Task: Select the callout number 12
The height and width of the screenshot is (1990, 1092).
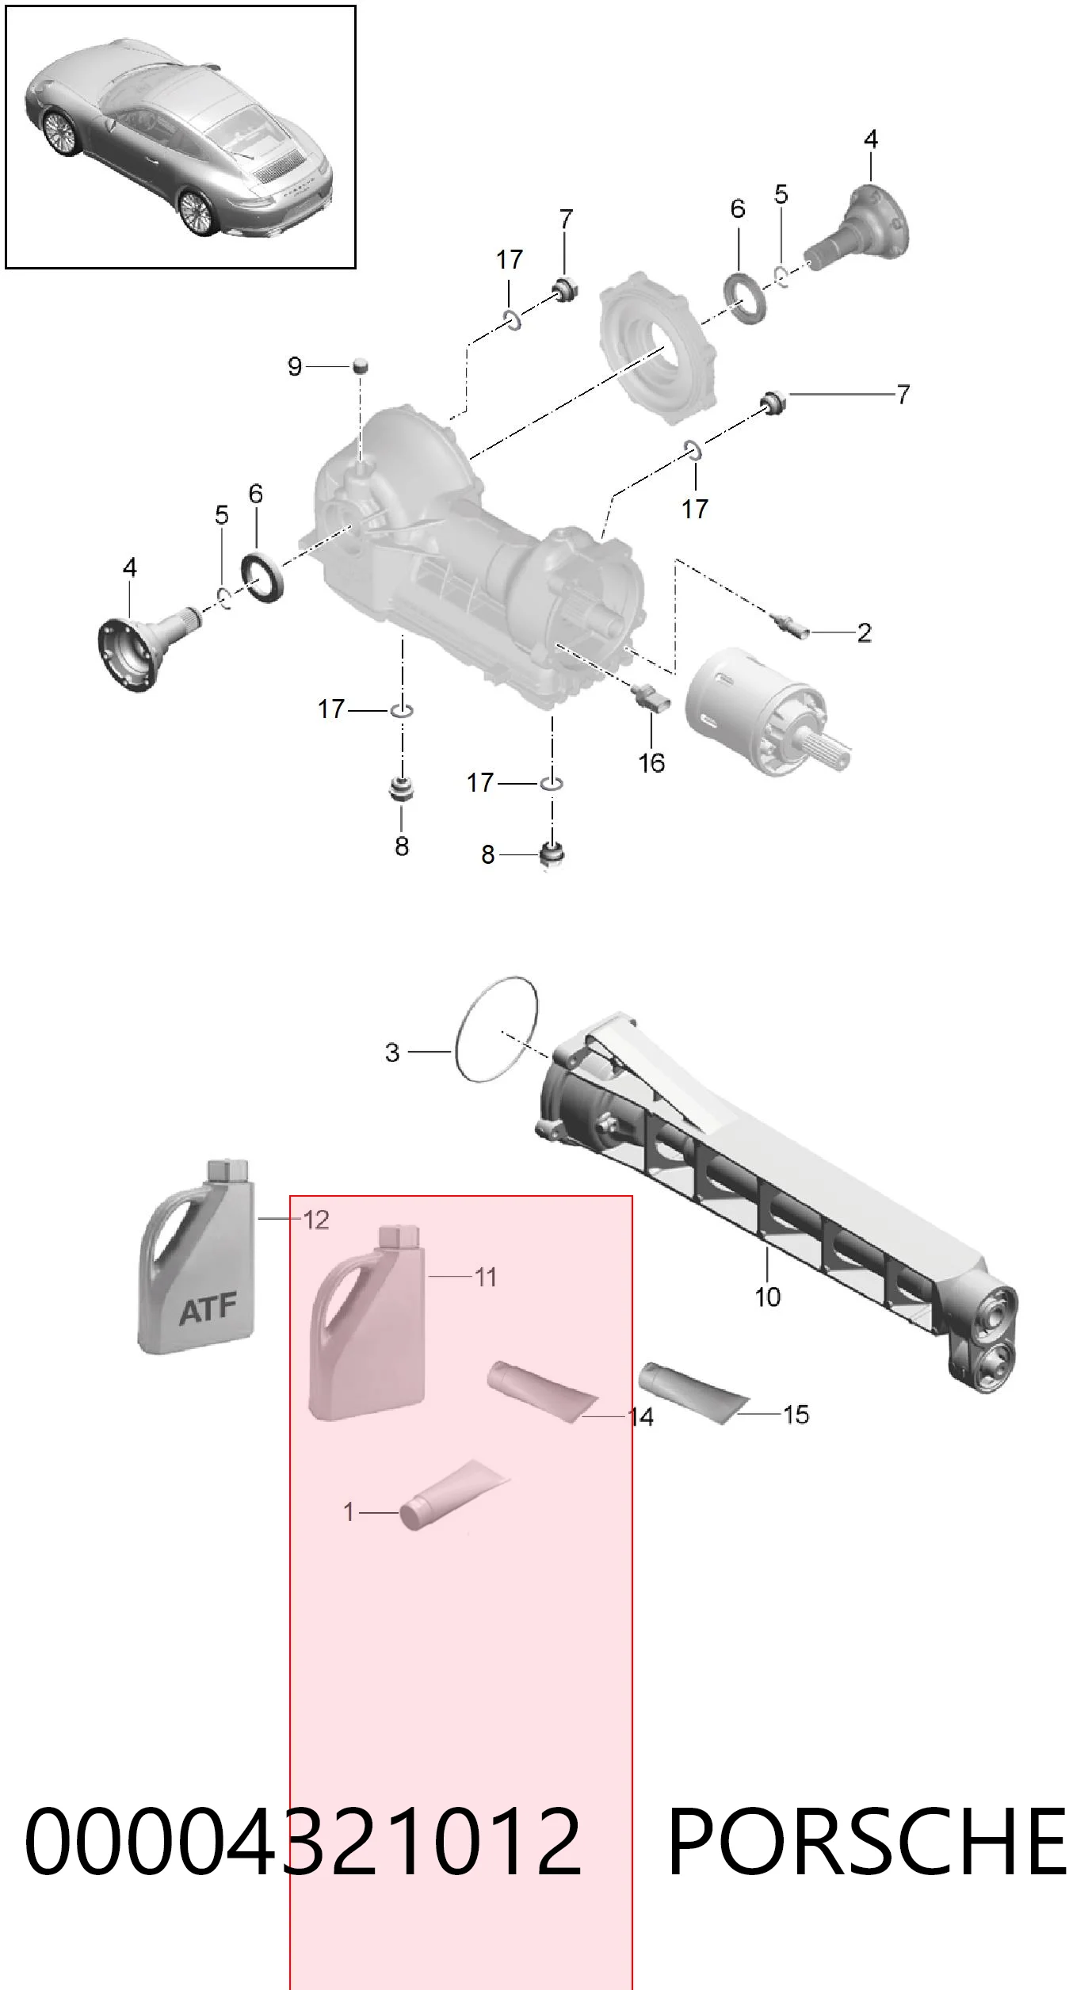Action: pos(316,1220)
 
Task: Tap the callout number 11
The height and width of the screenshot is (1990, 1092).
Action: pos(485,1277)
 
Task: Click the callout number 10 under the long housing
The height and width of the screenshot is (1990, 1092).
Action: pos(767,1297)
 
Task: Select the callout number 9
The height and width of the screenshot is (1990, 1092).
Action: pos(295,366)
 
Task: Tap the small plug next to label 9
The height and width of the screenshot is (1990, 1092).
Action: pos(362,366)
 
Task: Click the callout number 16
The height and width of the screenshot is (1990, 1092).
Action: pos(651,763)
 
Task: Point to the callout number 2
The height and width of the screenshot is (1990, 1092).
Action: pos(865,632)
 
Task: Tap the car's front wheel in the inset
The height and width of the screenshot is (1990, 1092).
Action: pos(59,132)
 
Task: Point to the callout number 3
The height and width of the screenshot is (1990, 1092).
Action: pos(392,1052)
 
